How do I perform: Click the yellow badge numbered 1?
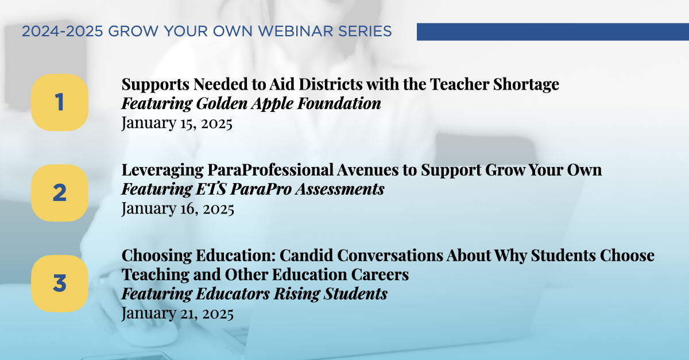click(59, 103)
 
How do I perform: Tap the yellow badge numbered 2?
click(59, 193)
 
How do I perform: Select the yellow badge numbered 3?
click(59, 283)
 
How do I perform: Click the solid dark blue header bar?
click(552, 32)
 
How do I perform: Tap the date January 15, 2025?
click(177, 123)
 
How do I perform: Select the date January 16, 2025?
click(177, 208)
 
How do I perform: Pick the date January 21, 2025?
click(177, 313)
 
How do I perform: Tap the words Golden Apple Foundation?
click(289, 104)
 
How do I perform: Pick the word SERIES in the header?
click(369, 32)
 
